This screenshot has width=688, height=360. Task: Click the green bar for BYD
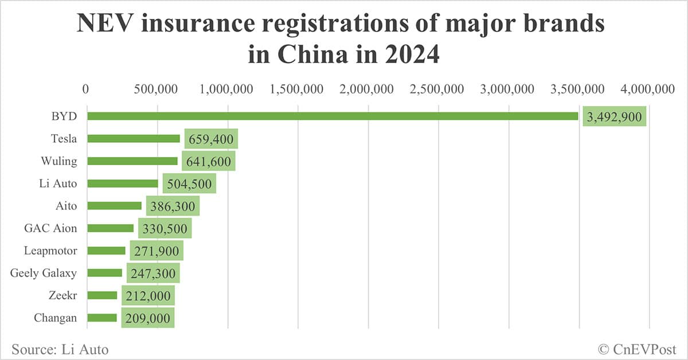click(x=333, y=116)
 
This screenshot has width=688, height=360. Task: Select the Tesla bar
click(x=133, y=139)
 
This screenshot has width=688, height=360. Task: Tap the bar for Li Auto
click(x=122, y=183)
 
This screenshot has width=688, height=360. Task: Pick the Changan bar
click(x=102, y=318)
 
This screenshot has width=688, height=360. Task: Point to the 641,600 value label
click(x=209, y=162)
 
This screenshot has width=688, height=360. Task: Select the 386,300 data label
click(x=173, y=206)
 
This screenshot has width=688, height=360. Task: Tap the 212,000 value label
click(x=148, y=296)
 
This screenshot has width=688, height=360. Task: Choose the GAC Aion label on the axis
click(x=50, y=228)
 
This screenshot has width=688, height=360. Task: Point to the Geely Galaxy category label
click(x=44, y=273)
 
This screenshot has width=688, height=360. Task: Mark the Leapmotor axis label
click(x=50, y=251)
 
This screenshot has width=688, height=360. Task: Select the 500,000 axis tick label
click(x=158, y=89)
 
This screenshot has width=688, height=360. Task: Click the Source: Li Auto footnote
click(x=60, y=349)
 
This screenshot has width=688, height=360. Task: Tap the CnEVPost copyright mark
click(x=637, y=349)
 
